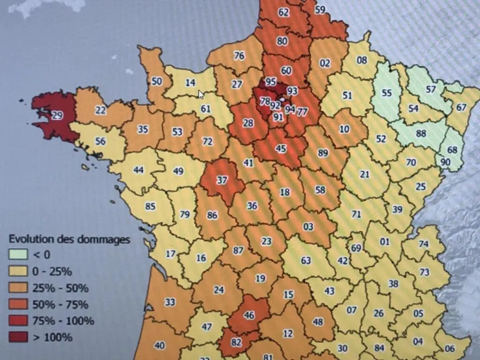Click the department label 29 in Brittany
point(57,115)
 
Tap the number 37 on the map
point(222,180)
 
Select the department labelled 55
point(386,93)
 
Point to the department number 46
point(249,315)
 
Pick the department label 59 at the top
point(320,9)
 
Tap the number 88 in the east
point(421,133)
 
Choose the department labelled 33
point(170,302)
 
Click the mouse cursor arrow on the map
point(201,94)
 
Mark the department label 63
point(306,260)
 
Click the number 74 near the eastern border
point(423,244)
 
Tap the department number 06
point(450,348)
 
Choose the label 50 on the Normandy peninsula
point(157,81)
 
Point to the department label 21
point(365,174)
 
